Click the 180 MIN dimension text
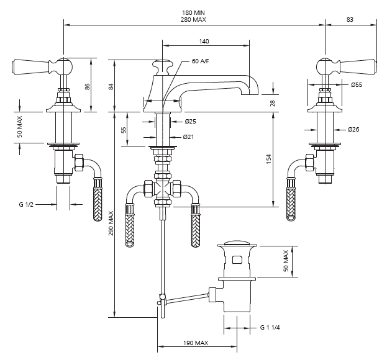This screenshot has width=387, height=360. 193,12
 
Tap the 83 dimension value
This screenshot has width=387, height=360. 350,19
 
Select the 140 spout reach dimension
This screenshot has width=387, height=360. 204,41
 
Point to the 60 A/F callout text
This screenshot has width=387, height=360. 200,61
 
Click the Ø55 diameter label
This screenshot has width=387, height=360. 357,85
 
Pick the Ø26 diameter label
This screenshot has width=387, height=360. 353,129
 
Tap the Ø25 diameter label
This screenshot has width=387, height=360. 191,121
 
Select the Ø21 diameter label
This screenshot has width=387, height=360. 188,137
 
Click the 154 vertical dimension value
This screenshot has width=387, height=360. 269,159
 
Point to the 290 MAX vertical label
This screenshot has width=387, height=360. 111,223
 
